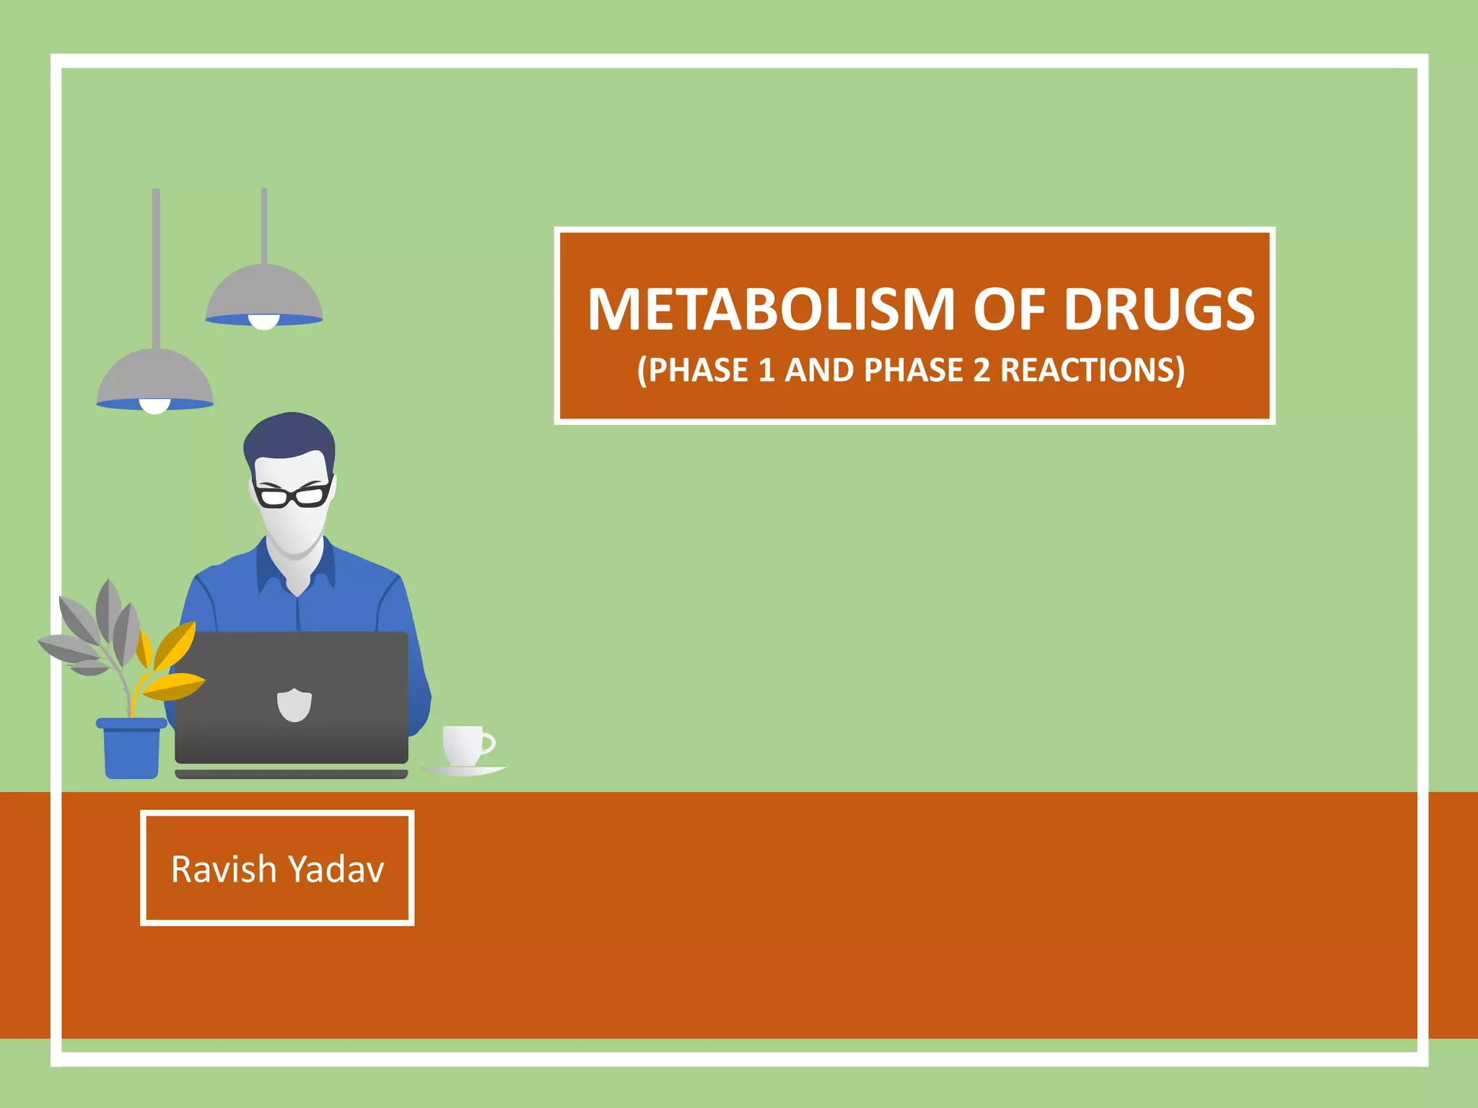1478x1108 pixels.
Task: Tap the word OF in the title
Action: coord(1009,309)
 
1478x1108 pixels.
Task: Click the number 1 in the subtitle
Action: coord(766,371)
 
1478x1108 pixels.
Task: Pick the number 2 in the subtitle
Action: coord(981,371)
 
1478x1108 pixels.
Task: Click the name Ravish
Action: coord(224,869)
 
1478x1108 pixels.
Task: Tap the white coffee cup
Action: coord(465,745)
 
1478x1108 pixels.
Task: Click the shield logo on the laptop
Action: coord(294,705)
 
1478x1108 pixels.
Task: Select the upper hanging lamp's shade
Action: coord(264,291)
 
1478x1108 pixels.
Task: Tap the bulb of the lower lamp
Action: coord(155,406)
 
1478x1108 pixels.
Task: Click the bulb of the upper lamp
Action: coord(264,322)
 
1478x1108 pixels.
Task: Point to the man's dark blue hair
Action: coord(289,437)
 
